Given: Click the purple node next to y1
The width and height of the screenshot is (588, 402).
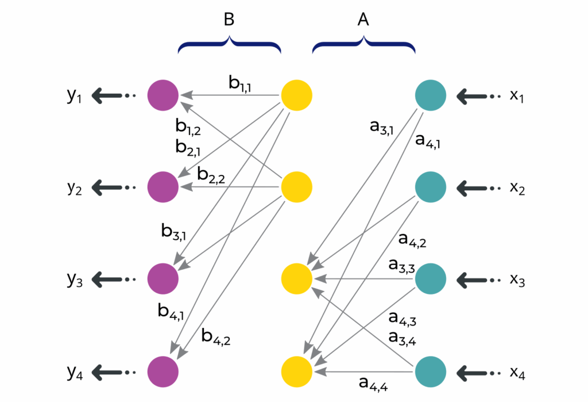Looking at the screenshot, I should coord(163,94).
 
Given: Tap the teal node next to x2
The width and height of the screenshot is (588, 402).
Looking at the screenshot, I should coord(431,187).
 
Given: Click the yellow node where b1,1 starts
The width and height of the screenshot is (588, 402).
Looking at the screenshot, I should coord(296,94).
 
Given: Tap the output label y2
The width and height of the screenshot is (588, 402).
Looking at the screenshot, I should coord(74,187).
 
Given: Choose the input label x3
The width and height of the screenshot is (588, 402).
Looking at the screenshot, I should coord(517,280).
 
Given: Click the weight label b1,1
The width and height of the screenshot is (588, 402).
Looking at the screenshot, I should coord(243,84).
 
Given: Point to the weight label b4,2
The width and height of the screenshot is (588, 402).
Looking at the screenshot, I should coord(217,335).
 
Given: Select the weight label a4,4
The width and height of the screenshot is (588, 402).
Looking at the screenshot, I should coord(374,382).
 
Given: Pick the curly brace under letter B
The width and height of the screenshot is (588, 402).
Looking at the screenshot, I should coord(229,45).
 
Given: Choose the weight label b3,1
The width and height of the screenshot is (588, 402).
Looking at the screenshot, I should coord(176,232).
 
